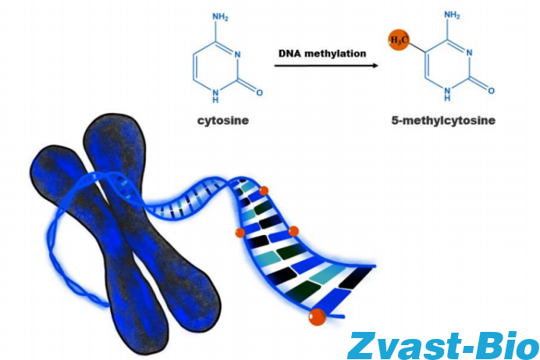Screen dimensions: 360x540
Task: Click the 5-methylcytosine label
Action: click(444, 121)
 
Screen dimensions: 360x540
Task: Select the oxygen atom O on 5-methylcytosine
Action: click(491, 90)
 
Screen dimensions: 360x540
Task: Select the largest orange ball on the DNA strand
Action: click(317, 316)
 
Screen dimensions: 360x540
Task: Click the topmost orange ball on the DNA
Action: click(263, 191)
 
